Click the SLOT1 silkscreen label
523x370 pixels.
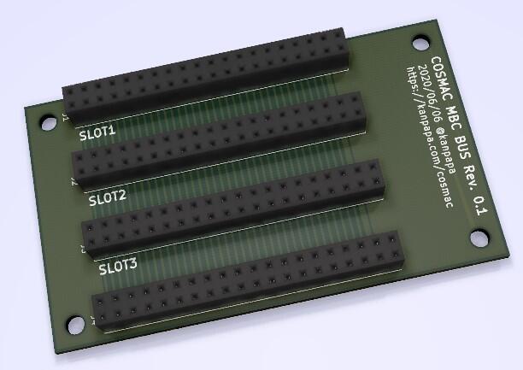(97, 134)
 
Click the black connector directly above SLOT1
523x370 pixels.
(206, 77)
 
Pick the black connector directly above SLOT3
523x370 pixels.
(232, 205)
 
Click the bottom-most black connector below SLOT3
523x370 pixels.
(247, 282)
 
